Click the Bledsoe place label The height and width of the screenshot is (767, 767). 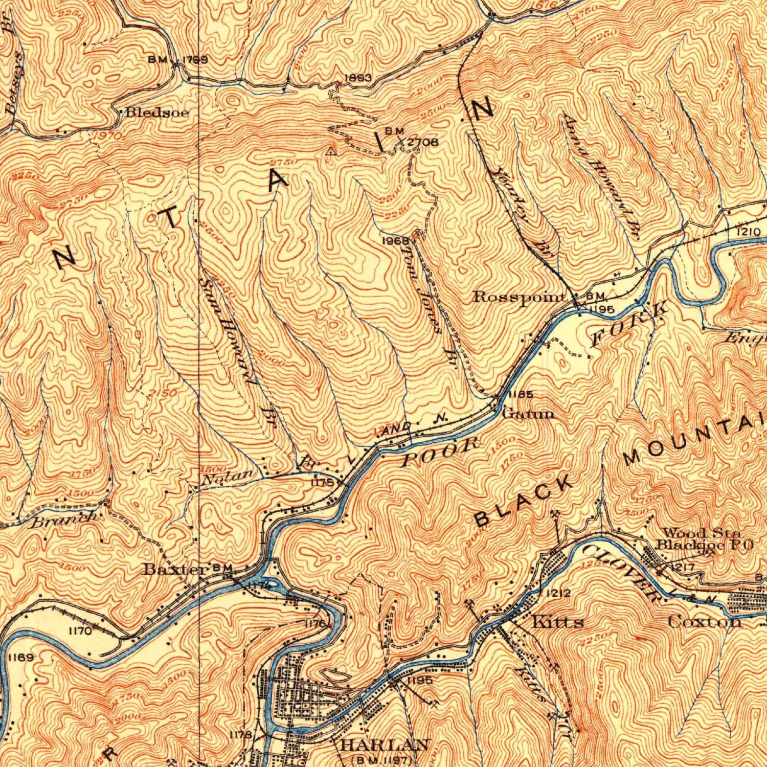(x=157, y=112)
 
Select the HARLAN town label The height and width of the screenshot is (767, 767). (x=384, y=745)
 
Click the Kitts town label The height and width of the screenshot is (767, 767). (x=558, y=622)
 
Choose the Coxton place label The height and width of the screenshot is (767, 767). (x=704, y=622)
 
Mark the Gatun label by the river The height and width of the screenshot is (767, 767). (x=528, y=413)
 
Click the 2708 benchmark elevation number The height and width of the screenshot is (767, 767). (x=422, y=142)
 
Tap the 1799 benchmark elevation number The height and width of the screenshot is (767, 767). (x=195, y=60)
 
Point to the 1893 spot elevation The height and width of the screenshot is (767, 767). (x=357, y=78)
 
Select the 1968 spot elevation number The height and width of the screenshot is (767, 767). (x=396, y=240)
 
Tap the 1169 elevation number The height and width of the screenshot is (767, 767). (x=20, y=658)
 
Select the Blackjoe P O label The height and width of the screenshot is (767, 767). (x=705, y=545)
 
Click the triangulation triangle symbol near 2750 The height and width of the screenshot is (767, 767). (x=331, y=151)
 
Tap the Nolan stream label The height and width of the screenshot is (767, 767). (x=227, y=478)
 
